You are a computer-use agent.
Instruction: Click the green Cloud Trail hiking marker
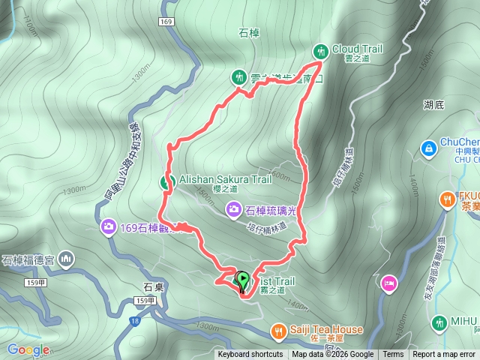click(x=321, y=50)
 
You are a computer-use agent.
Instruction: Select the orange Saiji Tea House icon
click(x=278, y=330)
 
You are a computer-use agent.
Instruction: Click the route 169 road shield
click(x=166, y=22)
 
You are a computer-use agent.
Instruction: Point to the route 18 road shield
click(x=134, y=320)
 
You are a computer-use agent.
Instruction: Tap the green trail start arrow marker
click(x=242, y=280)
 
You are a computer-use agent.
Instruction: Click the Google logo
click(x=28, y=349)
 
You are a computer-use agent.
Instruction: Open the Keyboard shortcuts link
click(x=250, y=355)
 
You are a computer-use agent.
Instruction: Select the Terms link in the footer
click(x=393, y=355)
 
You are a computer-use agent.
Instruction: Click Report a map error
click(x=444, y=355)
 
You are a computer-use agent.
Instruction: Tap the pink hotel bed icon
click(x=388, y=283)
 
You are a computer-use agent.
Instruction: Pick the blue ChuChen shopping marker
click(x=428, y=148)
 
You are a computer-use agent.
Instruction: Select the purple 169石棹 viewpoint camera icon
click(x=109, y=226)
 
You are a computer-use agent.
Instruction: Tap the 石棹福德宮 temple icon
click(x=65, y=260)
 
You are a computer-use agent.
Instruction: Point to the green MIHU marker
click(x=440, y=322)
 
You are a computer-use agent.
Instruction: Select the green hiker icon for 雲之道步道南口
click(x=238, y=77)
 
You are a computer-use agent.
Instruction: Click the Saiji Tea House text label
click(x=327, y=330)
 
